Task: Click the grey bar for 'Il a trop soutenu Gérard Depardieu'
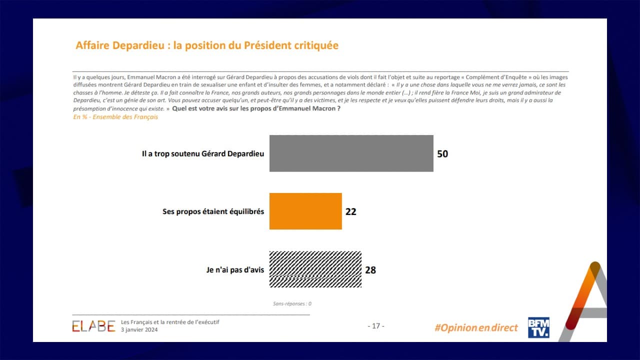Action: (351, 153)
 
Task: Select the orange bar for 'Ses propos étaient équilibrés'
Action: (305, 211)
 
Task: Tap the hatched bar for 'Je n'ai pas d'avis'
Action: (315, 269)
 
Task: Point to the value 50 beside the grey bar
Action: (442, 154)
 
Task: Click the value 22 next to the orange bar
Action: (351, 211)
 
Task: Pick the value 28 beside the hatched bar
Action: (370, 270)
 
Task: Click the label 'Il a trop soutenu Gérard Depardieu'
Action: (202, 154)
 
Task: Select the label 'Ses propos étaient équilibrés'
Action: (213, 211)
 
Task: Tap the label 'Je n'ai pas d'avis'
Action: (235, 270)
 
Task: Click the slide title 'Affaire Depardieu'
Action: (120, 45)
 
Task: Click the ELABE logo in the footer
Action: (93, 326)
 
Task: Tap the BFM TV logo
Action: (538, 327)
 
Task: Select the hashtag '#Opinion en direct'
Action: (476, 328)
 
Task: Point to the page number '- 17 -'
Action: (375, 326)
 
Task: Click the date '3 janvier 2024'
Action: (139, 330)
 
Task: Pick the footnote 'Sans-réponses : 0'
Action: (292, 303)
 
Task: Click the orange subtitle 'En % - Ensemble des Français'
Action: (115, 117)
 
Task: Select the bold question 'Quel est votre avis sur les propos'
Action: (256, 108)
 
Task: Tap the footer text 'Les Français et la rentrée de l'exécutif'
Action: (170, 322)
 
